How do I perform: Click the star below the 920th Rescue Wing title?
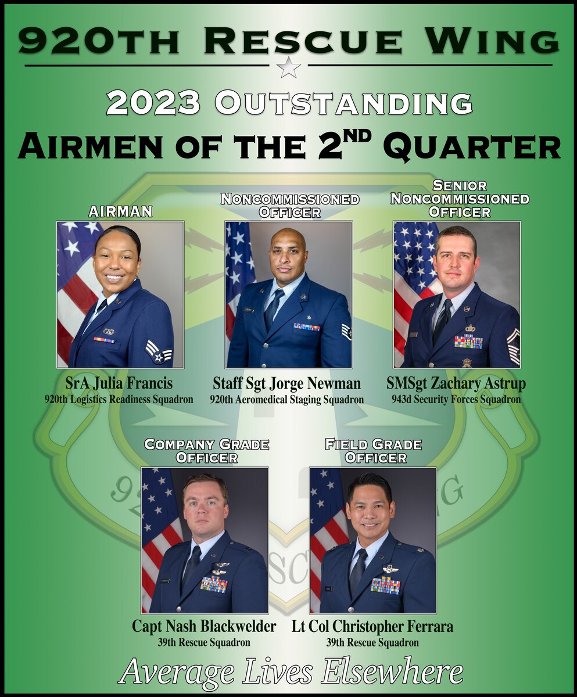click(288, 67)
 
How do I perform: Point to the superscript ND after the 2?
click(360, 139)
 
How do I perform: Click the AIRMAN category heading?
click(120, 212)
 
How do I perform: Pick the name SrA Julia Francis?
click(119, 384)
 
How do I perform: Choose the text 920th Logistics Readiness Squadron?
click(119, 400)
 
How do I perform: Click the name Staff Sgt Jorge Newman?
click(287, 384)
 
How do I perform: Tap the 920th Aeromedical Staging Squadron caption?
click(287, 400)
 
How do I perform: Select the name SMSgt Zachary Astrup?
click(456, 384)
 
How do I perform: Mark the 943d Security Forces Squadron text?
click(456, 400)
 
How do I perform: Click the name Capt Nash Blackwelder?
click(204, 627)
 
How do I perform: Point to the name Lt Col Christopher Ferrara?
click(372, 627)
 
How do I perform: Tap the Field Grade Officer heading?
click(373, 451)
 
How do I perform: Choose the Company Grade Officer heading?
click(206, 451)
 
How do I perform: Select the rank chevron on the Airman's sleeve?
click(158, 352)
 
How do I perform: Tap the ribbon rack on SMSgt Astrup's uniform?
click(468, 342)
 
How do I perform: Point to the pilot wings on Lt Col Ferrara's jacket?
click(390, 569)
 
